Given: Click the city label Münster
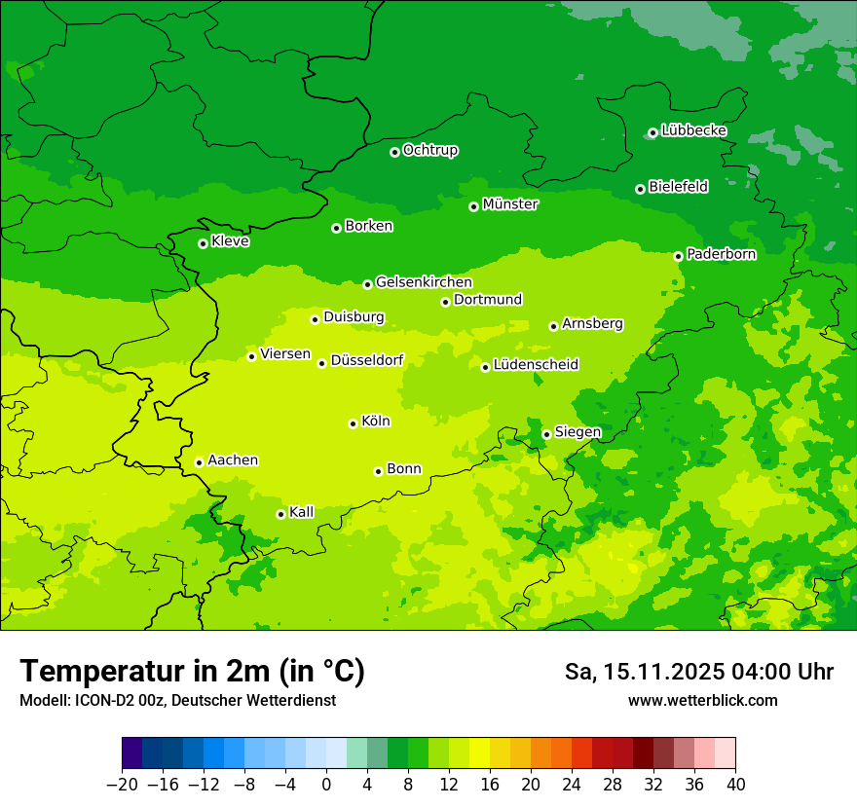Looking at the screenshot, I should point(509,204).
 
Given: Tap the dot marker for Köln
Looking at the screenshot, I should point(353,423).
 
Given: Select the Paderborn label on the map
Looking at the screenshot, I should point(721,254).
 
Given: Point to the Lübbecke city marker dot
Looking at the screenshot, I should point(652,132).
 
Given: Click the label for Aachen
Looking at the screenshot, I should point(233,460).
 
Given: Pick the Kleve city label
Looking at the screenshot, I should point(230,241).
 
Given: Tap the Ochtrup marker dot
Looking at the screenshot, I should point(394,152).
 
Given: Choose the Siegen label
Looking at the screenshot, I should point(578,432).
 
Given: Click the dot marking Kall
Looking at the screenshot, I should point(280,514).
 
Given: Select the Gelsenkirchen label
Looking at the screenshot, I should point(424,282).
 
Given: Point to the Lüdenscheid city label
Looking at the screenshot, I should point(536,365).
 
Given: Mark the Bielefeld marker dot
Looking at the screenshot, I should point(640,189).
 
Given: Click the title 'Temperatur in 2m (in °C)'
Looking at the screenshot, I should point(192,671).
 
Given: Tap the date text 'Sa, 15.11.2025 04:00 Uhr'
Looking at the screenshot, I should point(698,672).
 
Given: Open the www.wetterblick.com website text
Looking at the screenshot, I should point(702,700).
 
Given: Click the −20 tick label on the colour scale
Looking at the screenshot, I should point(122,785).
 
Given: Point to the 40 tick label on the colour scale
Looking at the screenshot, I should point(735,785).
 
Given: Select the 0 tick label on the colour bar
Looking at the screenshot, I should point(326,785).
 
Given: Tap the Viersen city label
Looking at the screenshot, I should point(284,354).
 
